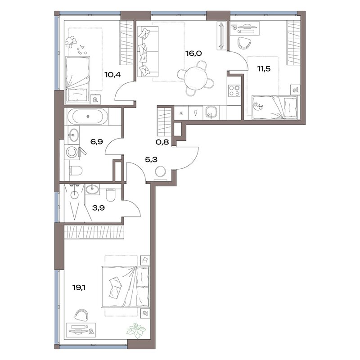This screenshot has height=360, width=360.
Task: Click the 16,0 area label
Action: tap(193, 54)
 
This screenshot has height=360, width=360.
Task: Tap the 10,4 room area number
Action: tap(112, 74)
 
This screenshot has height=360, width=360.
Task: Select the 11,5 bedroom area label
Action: tap(264, 69)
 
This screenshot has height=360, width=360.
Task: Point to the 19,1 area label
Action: tap(79, 287)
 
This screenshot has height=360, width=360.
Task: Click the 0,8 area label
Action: tap(162, 142)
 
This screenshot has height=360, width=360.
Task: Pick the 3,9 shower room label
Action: tap(98, 208)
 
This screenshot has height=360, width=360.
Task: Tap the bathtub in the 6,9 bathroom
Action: tap(88, 117)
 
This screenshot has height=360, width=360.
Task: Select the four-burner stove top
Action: tap(234, 90)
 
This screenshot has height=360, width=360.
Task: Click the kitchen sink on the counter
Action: tap(211, 112)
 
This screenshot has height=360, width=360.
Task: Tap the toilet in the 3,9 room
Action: tap(111, 195)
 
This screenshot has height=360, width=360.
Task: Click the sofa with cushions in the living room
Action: tap(148, 51)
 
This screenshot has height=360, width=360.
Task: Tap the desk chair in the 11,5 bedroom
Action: tap(244, 43)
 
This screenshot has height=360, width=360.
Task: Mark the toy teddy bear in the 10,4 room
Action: tap(71, 41)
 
